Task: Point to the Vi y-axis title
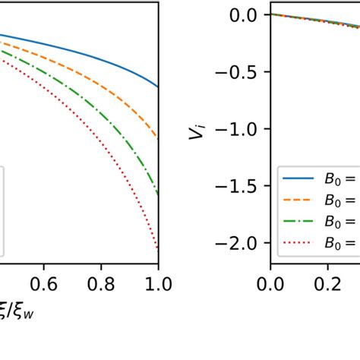(197, 134)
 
